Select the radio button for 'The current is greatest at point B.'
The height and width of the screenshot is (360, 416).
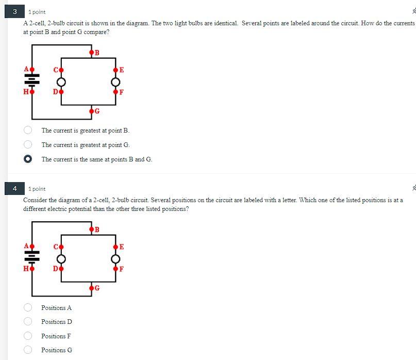(x=28, y=130)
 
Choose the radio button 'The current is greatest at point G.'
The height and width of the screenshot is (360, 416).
(x=28, y=145)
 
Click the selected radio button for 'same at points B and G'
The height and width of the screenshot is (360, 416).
(x=28, y=159)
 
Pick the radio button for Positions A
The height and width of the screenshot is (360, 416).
(x=28, y=308)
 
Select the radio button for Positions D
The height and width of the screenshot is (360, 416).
(x=28, y=322)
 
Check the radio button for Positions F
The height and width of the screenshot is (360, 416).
(x=28, y=336)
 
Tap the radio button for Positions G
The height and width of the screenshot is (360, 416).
(x=28, y=350)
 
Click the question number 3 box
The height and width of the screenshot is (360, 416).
(x=15, y=11)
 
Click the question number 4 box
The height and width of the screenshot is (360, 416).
(x=15, y=189)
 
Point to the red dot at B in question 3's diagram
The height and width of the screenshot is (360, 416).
(x=91, y=52)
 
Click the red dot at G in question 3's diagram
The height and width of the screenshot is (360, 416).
(x=91, y=111)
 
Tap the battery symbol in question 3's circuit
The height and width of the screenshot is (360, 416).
(x=32, y=80)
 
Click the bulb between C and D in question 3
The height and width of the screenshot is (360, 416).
(x=61, y=82)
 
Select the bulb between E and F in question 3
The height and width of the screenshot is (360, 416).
(x=115, y=82)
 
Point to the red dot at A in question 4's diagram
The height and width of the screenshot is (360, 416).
(x=32, y=247)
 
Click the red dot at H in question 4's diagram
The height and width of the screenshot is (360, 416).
(x=32, y=268)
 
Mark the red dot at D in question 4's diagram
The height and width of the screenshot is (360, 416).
(x=61, y=268)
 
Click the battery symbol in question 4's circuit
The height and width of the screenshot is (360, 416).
(x=32, y=257)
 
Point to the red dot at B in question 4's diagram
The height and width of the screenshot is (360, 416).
(x=91, y=229)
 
